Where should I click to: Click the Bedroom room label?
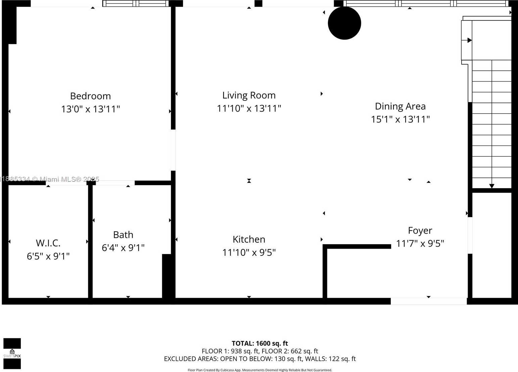(90, 96)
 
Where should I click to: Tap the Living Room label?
(249, 95)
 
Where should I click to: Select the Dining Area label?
(400, 106)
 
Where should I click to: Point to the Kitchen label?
(249, 239)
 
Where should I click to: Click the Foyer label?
(420, 231)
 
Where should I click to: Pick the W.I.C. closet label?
(48, 243)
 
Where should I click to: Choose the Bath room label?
(123, 235)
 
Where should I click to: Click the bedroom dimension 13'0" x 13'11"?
(90, 109)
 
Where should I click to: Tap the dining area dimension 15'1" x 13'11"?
(400, 119)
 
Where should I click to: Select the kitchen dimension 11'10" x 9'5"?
(249, 252)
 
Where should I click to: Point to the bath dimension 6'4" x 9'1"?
(123, 248)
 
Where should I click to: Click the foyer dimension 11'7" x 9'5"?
(420, 244)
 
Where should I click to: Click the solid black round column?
(344, 23)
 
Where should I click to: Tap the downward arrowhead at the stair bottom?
(491, 186)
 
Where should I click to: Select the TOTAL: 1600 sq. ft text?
(260, 343)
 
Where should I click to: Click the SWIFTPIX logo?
(12, 354)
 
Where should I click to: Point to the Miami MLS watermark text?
(49, 179)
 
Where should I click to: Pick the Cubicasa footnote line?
(260, 370)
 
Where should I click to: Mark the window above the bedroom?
(136, 3)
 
